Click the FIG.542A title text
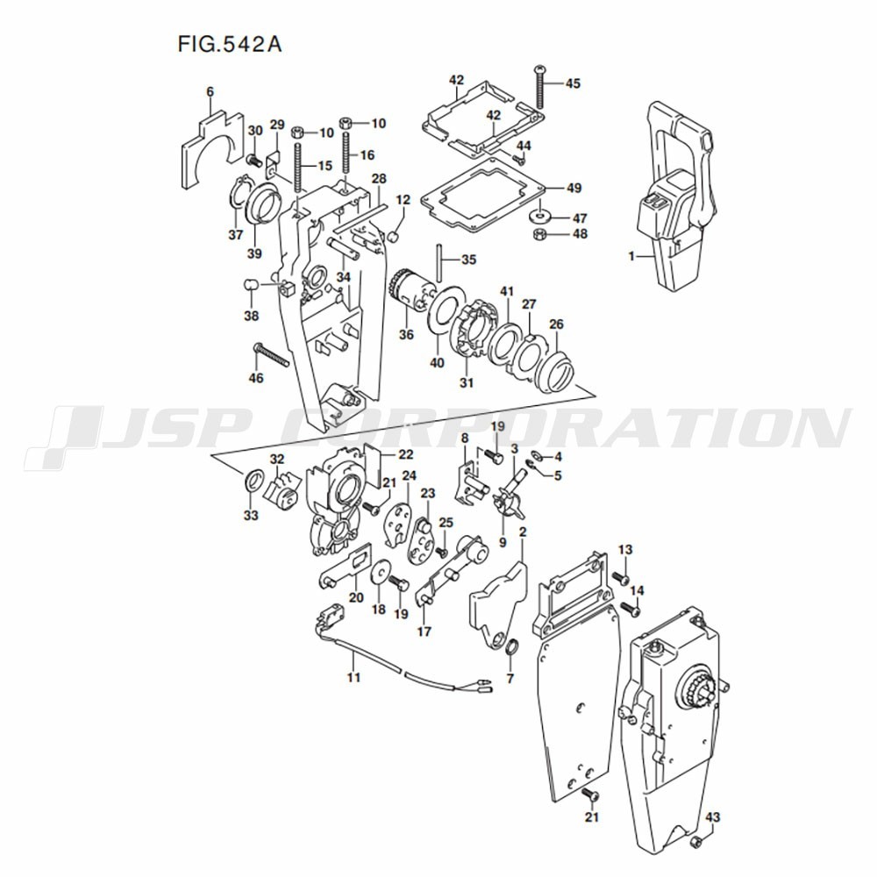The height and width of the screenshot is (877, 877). pos(230,44)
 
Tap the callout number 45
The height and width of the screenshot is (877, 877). pos(573,84)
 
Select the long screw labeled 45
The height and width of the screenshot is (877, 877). pos(540,86)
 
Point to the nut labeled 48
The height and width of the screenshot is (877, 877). pos(540,234)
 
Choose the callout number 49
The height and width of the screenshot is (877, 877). pos(574,189)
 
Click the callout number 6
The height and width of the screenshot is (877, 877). pos(210,92)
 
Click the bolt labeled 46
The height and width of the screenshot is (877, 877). pos(271,354)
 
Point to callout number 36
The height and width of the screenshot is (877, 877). pos(406,334)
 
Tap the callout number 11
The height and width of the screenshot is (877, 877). pos(353,677)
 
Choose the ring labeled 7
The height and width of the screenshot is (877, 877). pos(512,648)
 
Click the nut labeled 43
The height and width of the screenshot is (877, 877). pos(697,842)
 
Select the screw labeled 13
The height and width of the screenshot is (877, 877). pos(621,577)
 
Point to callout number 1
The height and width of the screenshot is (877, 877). pos(631,257)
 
